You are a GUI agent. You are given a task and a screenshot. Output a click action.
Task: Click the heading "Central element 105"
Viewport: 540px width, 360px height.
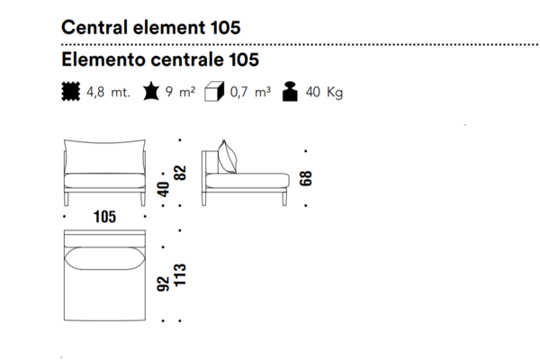pyautogui.click(x=151, y=27)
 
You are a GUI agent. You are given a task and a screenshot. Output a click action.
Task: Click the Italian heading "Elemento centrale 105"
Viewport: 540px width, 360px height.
pyautogui.click(x=160, y=59)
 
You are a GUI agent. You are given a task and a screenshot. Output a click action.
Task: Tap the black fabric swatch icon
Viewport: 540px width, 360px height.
pyautogui.click(x=70, y=91)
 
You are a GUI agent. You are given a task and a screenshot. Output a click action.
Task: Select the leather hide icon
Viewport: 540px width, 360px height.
pyautogui.click(x=151, y=91)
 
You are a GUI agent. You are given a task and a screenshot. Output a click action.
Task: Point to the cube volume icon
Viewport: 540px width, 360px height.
pyautogui.click(x=214, y=92)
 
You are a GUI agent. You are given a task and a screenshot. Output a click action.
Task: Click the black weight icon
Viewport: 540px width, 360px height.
pyautogui.click(x=290, y=92)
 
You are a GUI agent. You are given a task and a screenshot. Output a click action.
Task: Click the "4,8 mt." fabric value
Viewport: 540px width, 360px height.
pyautogui.click(x=108, y=93)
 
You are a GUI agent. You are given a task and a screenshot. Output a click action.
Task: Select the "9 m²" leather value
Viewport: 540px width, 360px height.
pyautogui.click(x=180, y=92)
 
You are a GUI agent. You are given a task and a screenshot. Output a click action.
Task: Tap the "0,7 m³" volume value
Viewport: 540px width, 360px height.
pyautogui.click(x=250, y=92)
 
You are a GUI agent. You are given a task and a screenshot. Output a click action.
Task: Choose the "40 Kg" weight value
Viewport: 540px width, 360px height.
pyautogui.click(x=324, y=93)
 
